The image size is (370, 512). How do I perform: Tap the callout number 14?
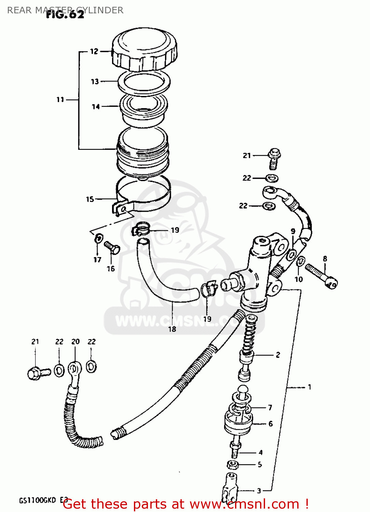(x=96, y=107)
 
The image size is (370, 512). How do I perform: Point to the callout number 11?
(x=60, y=100)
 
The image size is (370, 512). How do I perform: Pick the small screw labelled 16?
(x=112, y=247)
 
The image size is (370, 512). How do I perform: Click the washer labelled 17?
(x=99, y=238)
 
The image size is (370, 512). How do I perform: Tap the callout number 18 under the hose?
(x=172, y=329)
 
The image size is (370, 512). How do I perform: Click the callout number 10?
(x=299, y=280)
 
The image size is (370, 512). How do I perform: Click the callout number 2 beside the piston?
(x=278, y=355)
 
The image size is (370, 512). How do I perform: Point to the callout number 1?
(x=309, y=387)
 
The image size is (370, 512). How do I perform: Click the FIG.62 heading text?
(x=65, y=15)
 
